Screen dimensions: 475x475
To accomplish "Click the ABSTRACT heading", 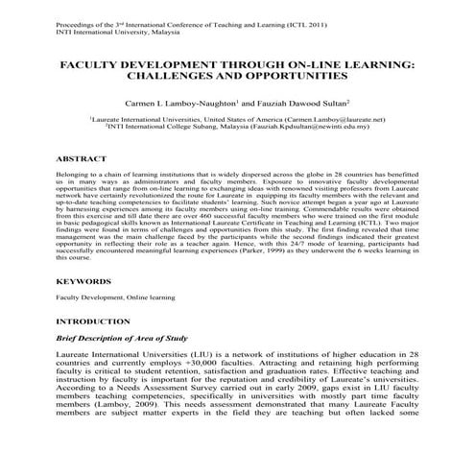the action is pyautogui.click(x=81, y=155).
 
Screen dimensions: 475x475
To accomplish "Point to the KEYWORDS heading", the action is pyautogui.click(x=83, y=282).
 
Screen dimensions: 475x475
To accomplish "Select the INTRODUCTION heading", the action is pyautogui.click(x=93, y=321).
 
